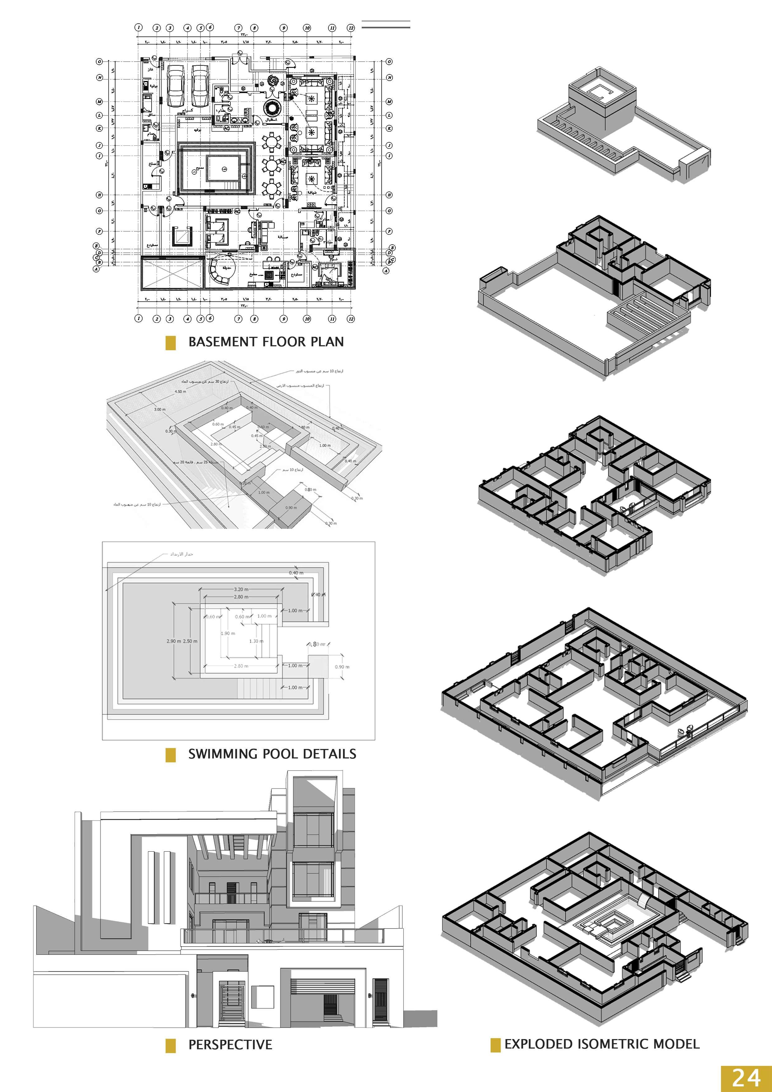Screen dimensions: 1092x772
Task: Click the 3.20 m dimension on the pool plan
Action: point(241,589)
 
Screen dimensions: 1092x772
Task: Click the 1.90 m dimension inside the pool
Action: point(228,633)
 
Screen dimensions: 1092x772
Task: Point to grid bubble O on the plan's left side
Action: point(99,61)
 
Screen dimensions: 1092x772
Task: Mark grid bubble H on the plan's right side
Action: point(389,195)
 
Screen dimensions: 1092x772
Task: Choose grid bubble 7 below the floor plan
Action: point(239,319)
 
